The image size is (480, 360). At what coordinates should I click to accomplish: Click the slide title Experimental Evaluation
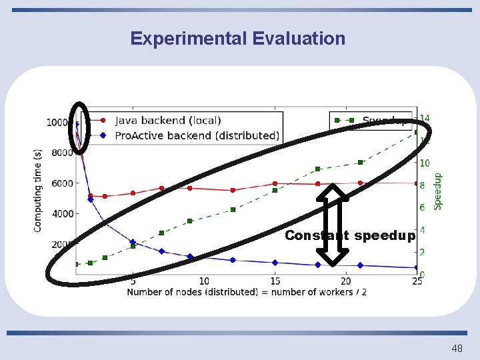[238, 39]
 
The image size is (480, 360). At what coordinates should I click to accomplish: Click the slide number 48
[457, 348]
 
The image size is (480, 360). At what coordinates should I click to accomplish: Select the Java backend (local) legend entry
[167, 121]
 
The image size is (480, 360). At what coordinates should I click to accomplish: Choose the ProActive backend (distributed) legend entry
[187, 135]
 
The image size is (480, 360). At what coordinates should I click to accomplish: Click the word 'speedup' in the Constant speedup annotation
[385, 235]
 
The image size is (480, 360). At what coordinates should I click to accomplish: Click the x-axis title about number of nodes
[247, 292]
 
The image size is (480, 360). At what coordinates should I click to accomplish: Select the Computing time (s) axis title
[39, 190]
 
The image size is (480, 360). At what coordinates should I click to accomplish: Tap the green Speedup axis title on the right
[438, 191]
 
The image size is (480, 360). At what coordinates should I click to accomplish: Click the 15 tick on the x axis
[275, 281]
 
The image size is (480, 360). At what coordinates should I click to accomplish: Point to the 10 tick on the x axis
[204, 281]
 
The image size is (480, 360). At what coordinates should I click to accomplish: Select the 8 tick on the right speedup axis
[424, 185]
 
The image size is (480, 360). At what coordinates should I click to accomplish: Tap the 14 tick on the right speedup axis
[424, 119]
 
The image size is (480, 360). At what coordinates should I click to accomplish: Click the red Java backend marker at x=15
[275, 183]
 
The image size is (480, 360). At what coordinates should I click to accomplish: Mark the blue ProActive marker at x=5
[133, 242]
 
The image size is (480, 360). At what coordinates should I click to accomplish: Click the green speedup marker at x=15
[275, 191]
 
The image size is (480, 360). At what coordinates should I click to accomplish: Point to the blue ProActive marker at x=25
[417, 268]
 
